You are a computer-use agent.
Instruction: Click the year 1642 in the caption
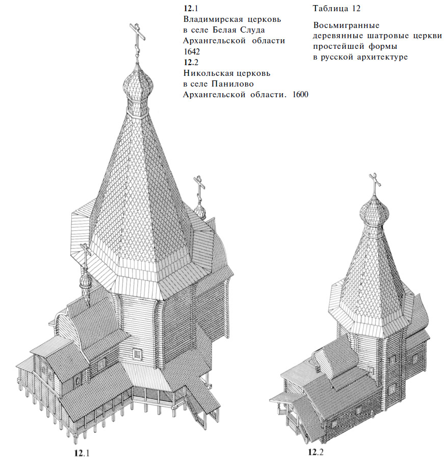click(192, 51)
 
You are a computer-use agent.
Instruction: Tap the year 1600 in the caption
click(300, 95)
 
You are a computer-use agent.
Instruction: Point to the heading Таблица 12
click(336, 9)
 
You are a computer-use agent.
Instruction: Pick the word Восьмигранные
click(346, 25)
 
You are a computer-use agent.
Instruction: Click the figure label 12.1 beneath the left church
click(82, 453)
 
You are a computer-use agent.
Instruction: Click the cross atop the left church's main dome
click(138, 41)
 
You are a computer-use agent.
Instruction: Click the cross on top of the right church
click(375, 183)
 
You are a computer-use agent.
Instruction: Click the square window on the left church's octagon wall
click(138, 353)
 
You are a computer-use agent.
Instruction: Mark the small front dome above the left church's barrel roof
click(85, 280)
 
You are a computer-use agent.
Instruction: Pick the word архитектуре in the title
click(382, 58)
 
